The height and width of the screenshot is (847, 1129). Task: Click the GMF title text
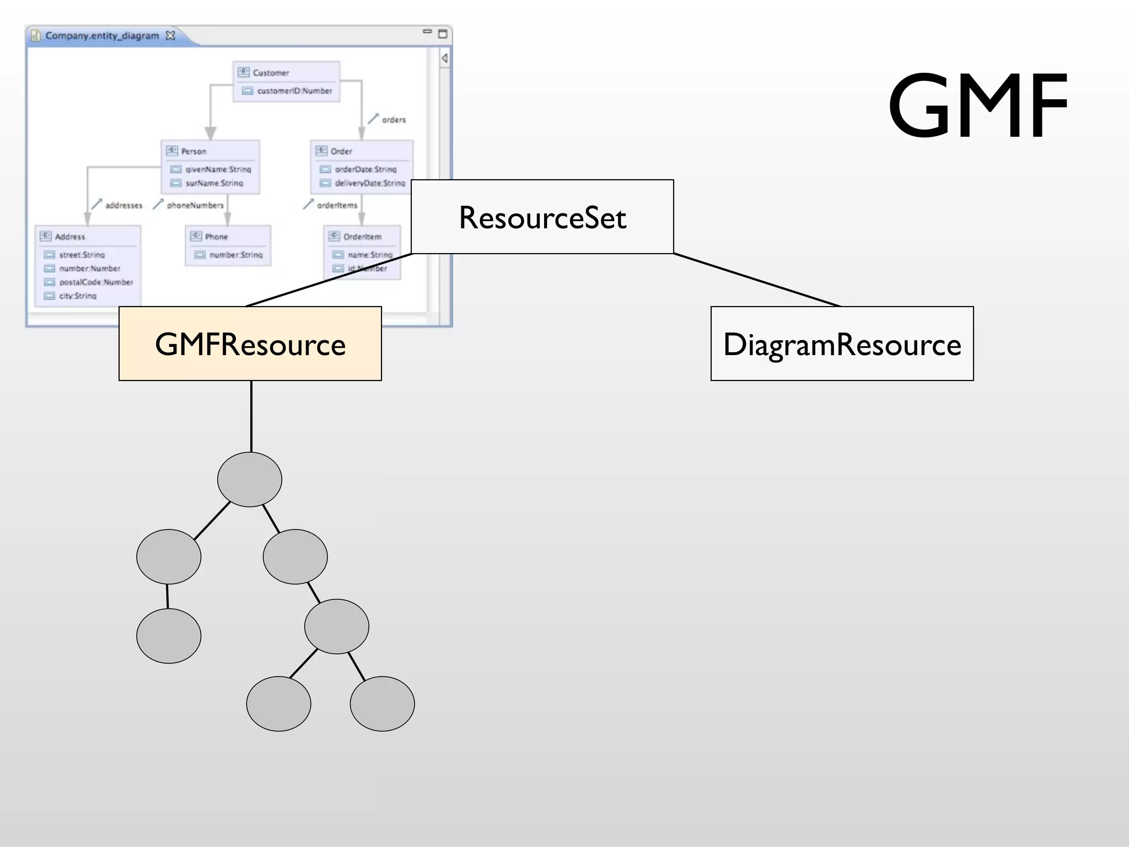coord(978,106)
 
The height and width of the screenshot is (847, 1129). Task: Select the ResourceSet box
coord(542,217)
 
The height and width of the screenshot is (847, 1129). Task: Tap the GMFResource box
coord(250,344)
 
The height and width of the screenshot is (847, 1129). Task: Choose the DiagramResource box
coord(842,344)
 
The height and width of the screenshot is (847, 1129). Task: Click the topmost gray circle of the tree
coord(250,479)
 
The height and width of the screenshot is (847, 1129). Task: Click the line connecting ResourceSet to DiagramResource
coord(756,280)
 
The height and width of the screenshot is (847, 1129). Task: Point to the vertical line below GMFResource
coord(251,416)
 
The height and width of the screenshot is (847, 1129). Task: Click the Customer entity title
coord(271,73)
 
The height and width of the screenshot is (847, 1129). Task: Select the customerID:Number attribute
coord(294,91)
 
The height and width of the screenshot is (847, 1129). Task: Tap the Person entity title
coord(193,152)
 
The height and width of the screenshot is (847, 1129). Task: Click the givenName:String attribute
coord(218,169)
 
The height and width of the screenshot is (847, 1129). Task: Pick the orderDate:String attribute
coord(365,169)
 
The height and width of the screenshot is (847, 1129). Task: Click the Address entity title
coord(70,237)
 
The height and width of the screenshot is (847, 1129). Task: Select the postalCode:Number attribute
coord(96,282)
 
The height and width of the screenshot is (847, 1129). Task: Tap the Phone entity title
coord(216,237)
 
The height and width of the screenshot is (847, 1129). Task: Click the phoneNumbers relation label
coord(195,205)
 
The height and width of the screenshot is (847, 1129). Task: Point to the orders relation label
coord(394,120)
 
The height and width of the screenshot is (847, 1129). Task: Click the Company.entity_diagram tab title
coord(102,36)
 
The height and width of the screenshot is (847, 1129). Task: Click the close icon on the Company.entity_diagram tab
coord(170,36)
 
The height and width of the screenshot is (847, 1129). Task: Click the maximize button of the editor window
coord(442,34)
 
